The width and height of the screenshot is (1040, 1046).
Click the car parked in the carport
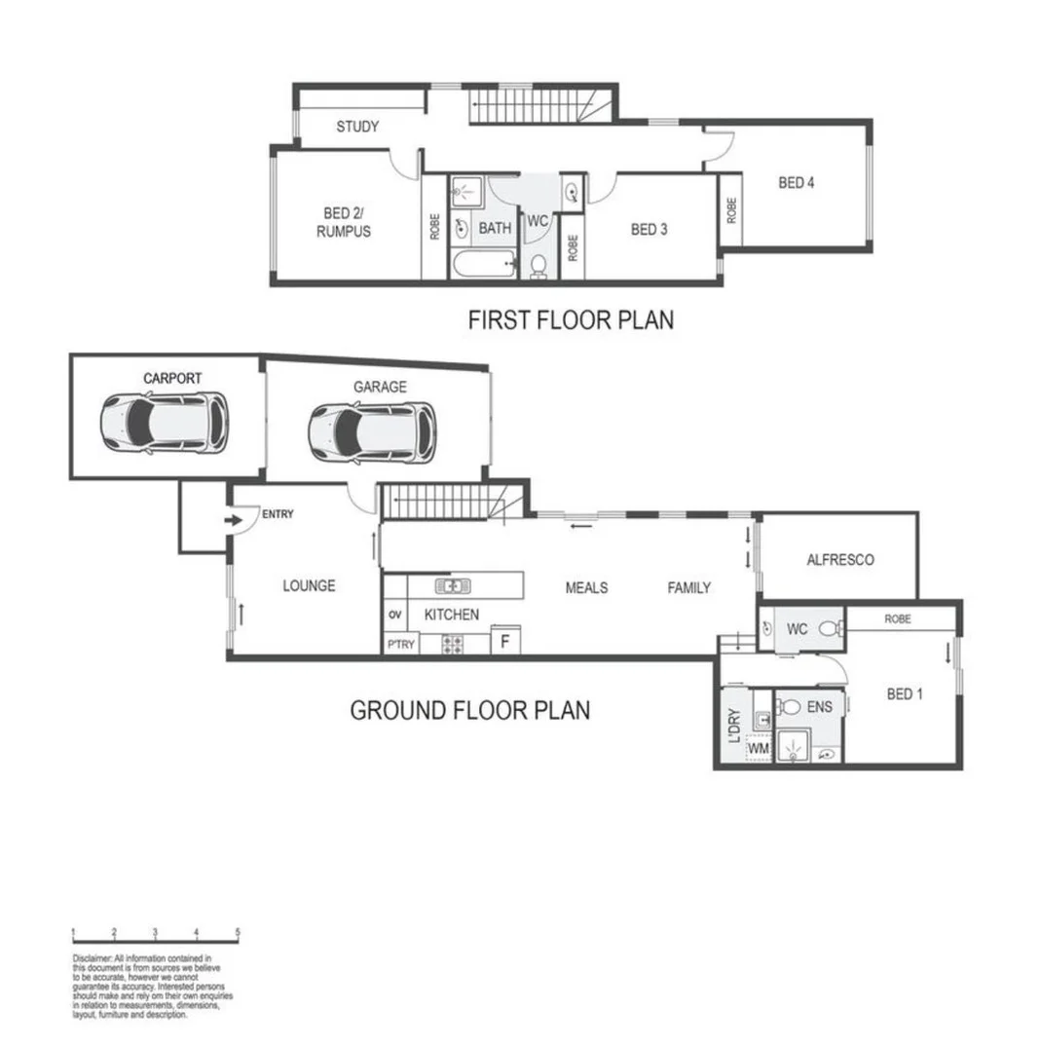164,422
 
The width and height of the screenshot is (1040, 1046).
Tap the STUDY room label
357,127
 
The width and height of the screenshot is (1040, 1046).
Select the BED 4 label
796,182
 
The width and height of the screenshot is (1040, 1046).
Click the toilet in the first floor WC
539,266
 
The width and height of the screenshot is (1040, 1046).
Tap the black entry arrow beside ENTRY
234,521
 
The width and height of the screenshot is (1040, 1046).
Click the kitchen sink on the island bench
453,585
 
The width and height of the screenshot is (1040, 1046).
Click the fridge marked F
504,642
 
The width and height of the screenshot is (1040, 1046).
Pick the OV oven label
394,615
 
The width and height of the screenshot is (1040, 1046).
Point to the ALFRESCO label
839,559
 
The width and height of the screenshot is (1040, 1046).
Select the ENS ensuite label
819,707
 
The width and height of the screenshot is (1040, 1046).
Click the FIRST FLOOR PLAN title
571,319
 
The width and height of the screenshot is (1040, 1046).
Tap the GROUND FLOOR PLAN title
469,710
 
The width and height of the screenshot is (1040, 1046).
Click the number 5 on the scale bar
238,932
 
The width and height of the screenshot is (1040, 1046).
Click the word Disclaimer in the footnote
93,958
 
